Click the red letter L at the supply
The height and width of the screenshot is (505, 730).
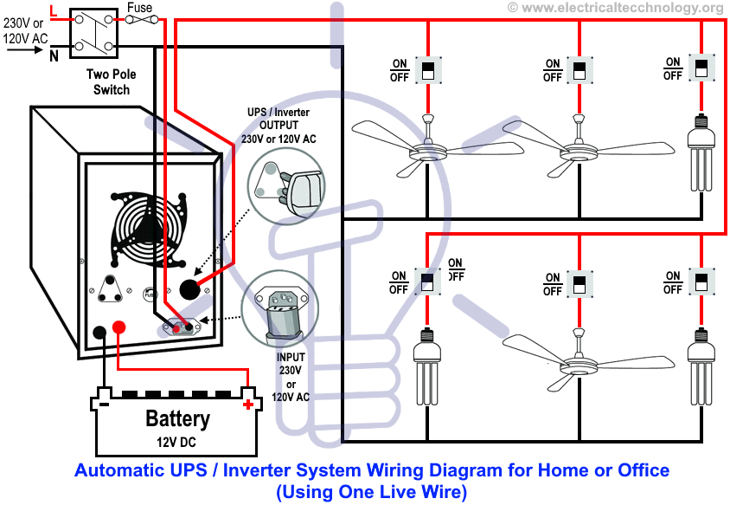54,10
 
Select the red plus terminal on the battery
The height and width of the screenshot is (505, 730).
249,404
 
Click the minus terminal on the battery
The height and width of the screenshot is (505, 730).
103,404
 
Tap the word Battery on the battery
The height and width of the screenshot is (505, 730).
177,419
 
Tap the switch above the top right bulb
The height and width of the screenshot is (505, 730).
700,68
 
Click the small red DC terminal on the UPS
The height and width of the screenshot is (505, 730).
120,327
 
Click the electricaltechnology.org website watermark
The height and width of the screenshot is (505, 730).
615,8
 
